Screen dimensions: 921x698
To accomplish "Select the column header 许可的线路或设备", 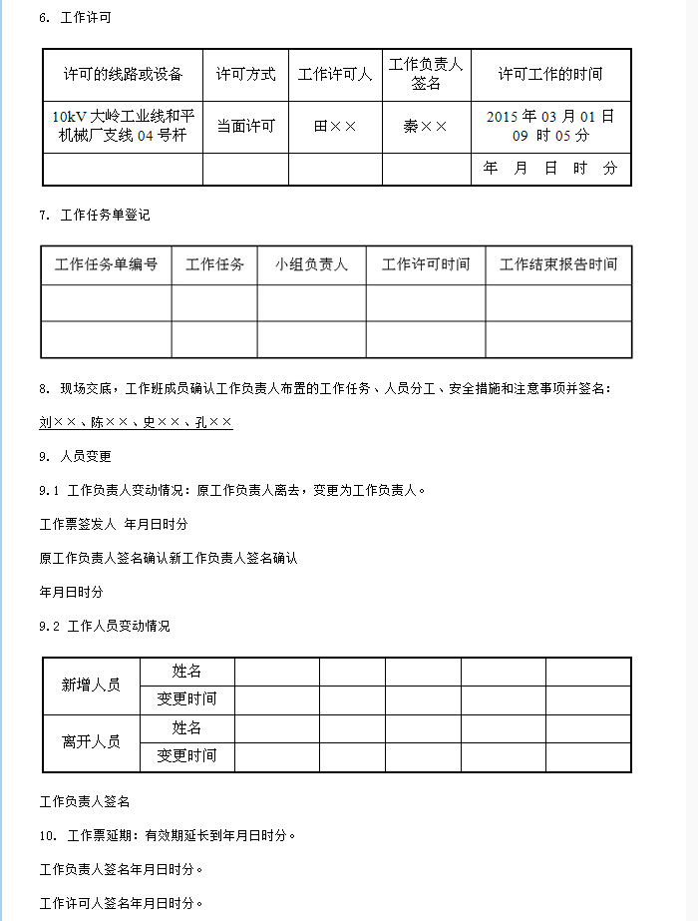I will (123, 74).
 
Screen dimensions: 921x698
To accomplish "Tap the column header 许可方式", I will (245, 74).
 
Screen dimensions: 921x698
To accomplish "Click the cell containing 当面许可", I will (245, 127).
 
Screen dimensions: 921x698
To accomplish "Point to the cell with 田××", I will (335, 127).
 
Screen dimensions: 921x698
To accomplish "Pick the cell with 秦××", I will (426, 127).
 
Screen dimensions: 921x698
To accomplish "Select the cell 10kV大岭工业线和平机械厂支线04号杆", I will (123, 126).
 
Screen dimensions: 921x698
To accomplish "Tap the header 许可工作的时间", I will (550, 74).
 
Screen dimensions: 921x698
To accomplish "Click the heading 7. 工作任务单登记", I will (95, 215).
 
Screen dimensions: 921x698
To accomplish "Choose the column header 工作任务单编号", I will (106, 264).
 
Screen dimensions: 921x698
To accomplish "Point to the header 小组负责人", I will (311, 264).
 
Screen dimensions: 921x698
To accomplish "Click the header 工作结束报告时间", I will (558, 264).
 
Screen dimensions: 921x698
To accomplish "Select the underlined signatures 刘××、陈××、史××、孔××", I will (136, 422).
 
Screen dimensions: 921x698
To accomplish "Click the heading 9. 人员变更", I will (76, 456).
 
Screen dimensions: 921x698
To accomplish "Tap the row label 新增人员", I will (91, 686).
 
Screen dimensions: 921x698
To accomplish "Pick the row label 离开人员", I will (91, 741).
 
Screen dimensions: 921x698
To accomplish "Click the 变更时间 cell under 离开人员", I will (186, 755).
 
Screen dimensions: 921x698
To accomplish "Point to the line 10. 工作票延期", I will (168, 835).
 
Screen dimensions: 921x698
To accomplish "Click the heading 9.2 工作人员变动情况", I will (105, 626).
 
